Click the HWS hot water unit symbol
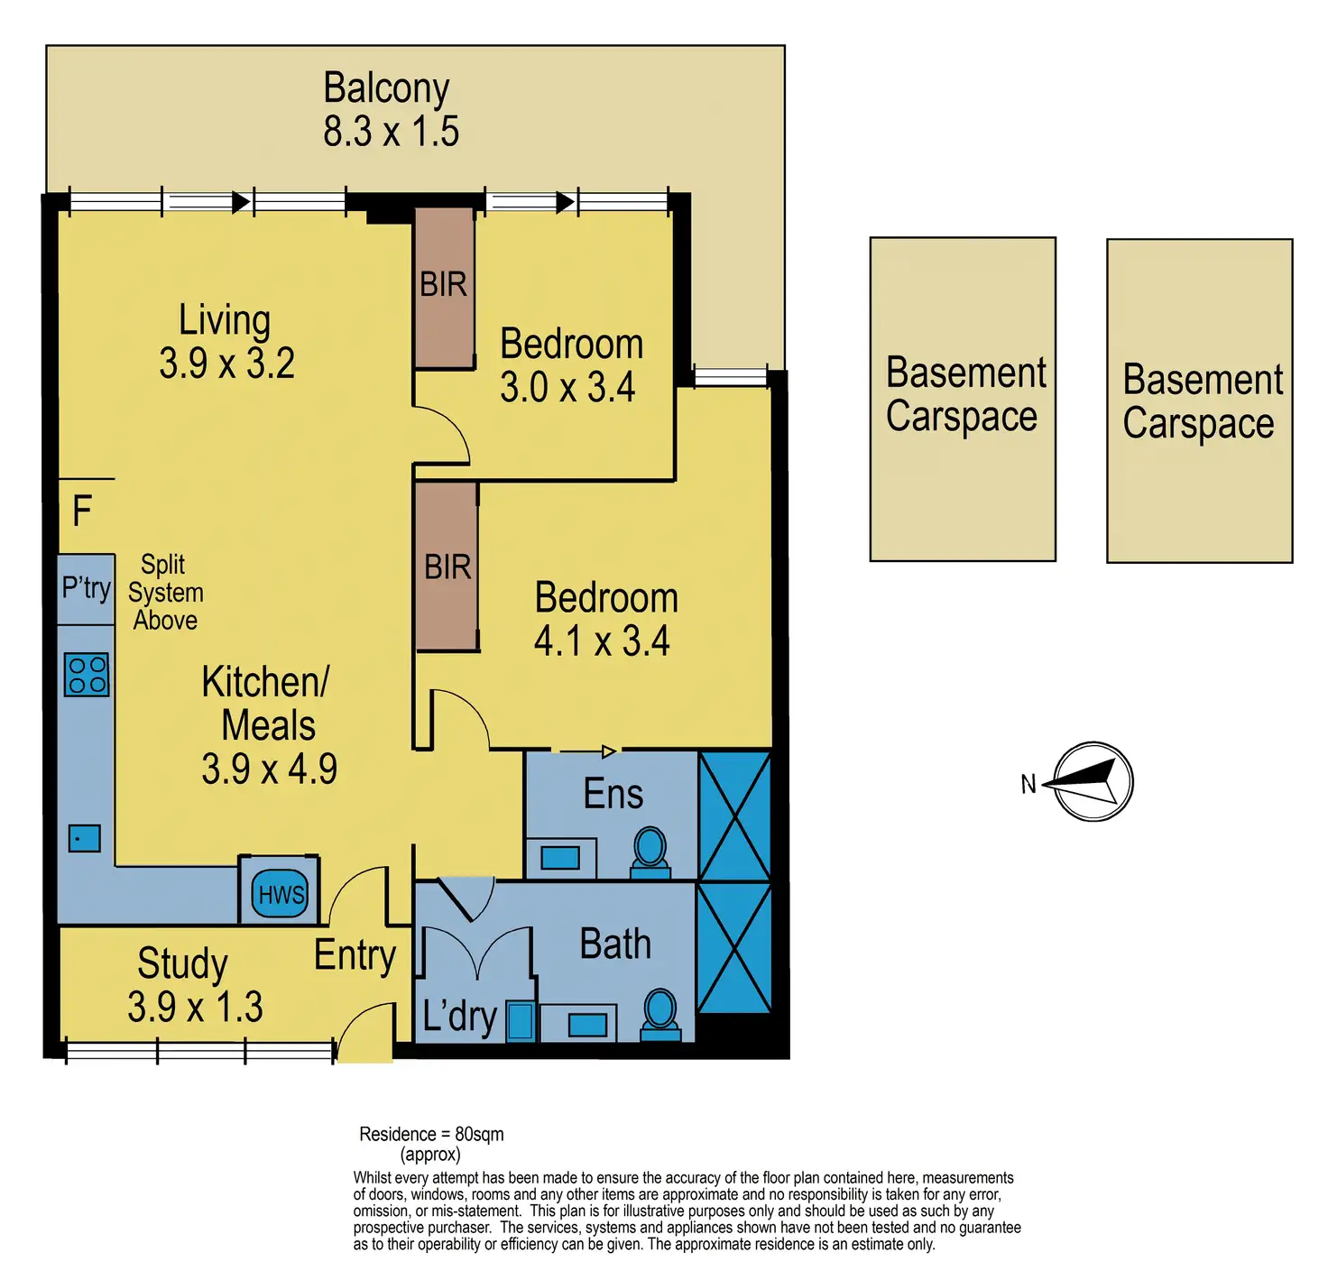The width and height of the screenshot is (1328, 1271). tap(280, 894)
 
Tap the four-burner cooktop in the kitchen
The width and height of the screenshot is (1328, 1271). tap(87, 675)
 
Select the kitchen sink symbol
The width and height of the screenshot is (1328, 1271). tap(85, 839)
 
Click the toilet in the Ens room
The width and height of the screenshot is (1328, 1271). tap(650, 852)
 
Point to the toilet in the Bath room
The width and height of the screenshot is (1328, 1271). tap(660, 1013)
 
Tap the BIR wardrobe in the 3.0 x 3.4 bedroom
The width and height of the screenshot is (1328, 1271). tap(444, 287)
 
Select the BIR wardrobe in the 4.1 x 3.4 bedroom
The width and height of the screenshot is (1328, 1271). tap(447, 566)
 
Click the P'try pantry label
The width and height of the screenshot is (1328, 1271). tap(86, 588)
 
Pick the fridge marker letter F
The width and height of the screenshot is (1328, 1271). tap(82, 511)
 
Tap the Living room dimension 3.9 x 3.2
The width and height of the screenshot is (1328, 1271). tap(226, 364)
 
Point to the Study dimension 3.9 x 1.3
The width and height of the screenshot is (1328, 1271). tap(195, 1007)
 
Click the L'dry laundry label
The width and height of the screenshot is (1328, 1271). tap(459, 1017)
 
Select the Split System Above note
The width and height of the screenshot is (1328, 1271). tap(165, 593)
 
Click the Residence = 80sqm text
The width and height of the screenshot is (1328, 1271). tap(431, 1134)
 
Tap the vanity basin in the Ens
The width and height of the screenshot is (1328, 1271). tap(560, 858)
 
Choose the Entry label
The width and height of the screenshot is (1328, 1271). tap(355, 955)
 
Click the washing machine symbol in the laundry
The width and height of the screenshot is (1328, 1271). tap(521, 1020)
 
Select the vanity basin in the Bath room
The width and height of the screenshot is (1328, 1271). tap(587, 1025)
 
